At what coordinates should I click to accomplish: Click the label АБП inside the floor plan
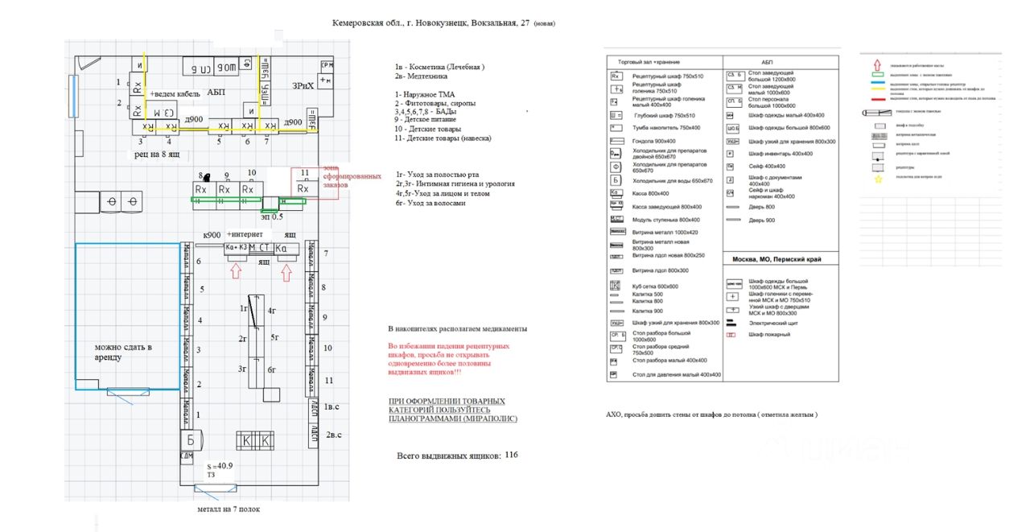tap(216, 93)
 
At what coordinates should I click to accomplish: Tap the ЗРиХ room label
tap(303, 85)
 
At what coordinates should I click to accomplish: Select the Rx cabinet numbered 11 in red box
tap(303, 188)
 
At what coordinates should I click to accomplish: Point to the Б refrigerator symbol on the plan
tap(190, 440)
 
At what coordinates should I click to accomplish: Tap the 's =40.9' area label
tap(219, 465)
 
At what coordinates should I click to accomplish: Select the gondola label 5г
tap(275, 337)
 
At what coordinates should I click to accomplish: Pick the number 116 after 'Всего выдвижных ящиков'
tap(511, 455)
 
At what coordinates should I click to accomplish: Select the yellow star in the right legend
tap(877, 179)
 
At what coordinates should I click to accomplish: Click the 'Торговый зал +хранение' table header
tap(649, 62)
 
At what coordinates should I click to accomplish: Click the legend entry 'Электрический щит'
tap(772, 322)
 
